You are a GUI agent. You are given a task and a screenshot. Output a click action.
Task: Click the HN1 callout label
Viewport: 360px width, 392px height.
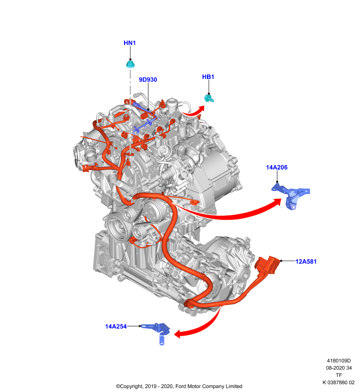pos(129,43)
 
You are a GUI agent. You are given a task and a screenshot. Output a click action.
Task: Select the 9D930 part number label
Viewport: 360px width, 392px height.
pos(148,79)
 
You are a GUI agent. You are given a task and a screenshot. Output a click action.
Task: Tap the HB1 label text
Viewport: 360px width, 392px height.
pos(208,77)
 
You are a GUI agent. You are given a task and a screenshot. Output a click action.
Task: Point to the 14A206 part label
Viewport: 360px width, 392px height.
pos(277,167)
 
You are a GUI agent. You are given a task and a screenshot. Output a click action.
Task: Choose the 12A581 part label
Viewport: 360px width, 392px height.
pos(306,262)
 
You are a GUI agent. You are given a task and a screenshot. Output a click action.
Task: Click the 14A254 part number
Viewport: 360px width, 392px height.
pos(116,326)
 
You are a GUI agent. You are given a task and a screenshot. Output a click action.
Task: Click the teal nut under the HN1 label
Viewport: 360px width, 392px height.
pos(130,64)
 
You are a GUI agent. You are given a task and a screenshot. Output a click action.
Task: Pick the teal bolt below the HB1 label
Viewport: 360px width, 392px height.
pos(209,98)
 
